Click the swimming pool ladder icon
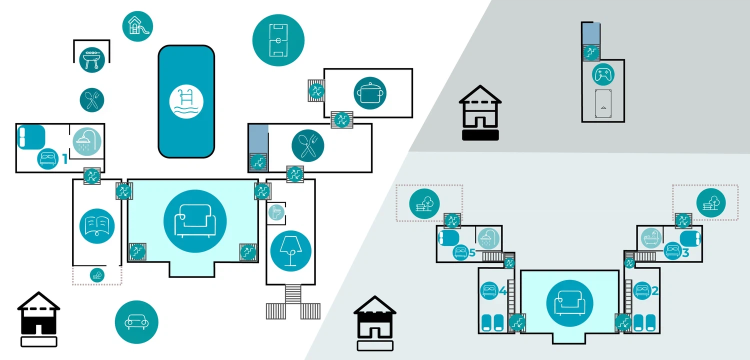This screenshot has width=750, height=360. [186, 101]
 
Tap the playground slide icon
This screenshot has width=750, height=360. [137, 26]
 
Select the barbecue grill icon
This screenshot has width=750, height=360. [91, 60]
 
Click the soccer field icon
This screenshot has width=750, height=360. [278, 40]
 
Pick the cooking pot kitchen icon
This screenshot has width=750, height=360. [370, 93]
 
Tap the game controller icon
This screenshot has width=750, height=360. [603, 74]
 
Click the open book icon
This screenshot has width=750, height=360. [97, 226]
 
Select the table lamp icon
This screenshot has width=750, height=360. [290, 251]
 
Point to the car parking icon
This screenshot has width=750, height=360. [136, 322]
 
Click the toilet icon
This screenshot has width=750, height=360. [276, 212]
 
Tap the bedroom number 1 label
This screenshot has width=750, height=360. [65, 159]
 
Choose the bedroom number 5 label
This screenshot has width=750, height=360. [472, 253]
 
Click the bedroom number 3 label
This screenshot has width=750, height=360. [685, 253]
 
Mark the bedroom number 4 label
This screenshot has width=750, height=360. [502, 290]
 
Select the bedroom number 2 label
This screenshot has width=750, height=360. [655, 290]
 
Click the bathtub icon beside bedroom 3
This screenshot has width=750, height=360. [651, 238]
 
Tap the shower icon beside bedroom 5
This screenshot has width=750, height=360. [488, 238]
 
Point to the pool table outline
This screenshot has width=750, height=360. [603, 103]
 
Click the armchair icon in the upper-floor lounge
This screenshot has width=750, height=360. [569, 303]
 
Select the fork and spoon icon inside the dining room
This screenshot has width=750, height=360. [307, 145]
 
